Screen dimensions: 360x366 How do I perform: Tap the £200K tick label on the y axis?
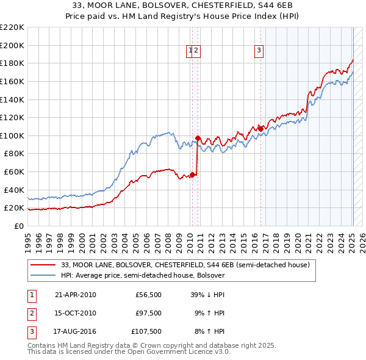pos(12,45)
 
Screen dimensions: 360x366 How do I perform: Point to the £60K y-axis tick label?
pos(14,172)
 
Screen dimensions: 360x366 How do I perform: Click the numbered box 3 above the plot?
pos(259,51)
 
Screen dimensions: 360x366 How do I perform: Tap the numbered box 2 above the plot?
pos(197,51)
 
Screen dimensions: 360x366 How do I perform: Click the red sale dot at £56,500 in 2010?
pos(192,175)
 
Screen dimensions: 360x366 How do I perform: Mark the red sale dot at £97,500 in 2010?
pos(198,138)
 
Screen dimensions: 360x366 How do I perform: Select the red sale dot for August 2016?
pos(260,129)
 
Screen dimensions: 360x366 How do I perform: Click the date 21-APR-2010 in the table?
pos(75,295)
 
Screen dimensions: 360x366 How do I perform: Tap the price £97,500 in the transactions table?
pos(148,313)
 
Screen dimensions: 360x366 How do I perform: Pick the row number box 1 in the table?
pos(30,295)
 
